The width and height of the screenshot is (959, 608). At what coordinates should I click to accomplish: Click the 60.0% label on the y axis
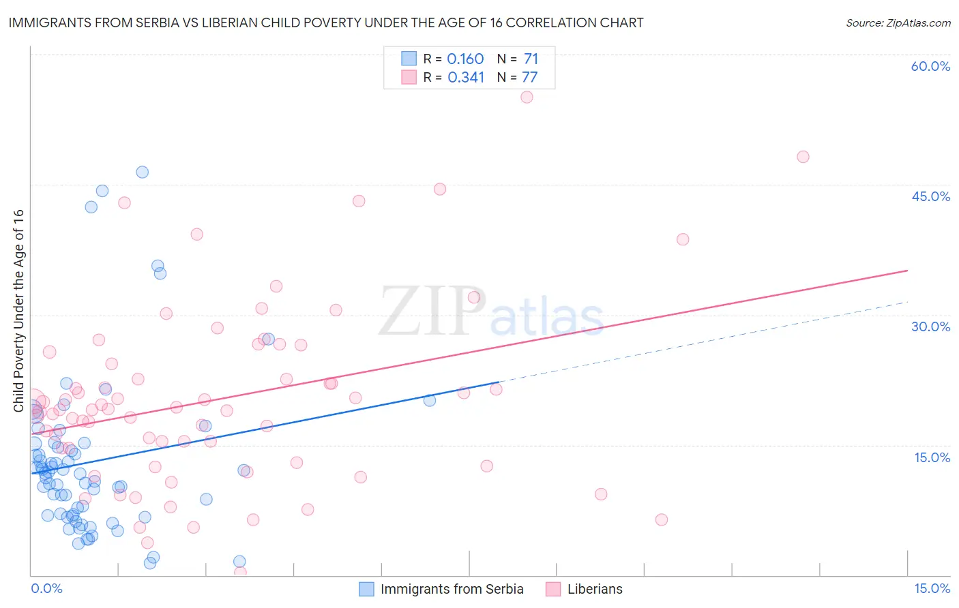930,66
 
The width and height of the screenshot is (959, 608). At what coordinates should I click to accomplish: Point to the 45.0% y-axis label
930,196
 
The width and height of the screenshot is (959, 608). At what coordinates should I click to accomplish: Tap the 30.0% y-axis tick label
930,326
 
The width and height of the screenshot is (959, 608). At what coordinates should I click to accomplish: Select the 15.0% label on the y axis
932,457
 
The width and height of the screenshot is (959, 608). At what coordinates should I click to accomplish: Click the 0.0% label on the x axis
46,589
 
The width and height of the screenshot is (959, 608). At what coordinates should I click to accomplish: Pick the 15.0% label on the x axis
932,589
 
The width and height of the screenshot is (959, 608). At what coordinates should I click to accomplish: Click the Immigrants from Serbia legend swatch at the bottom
366,590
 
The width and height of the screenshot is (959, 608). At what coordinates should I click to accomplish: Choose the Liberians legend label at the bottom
595,590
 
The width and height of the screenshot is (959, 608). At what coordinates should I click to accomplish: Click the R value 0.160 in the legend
465,59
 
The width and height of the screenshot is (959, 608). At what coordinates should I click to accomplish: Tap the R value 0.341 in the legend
466,78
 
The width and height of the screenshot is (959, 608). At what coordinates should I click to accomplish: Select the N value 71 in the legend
531,59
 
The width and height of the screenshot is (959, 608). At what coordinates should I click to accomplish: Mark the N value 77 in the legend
530,78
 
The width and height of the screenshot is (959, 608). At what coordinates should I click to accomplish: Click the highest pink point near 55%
527,97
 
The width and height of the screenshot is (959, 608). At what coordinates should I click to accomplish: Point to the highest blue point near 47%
142,172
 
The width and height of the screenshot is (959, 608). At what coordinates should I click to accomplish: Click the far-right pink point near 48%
803,157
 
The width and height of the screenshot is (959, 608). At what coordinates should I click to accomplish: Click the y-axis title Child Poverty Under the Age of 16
18,310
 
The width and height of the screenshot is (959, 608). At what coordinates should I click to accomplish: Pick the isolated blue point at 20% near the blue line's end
430,400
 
